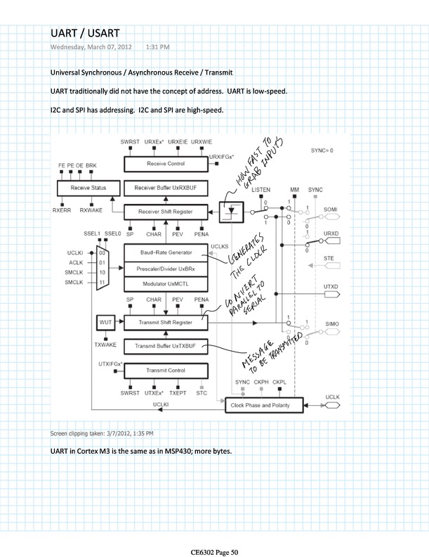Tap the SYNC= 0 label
[322, 151]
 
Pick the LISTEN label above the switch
[261, 191]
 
